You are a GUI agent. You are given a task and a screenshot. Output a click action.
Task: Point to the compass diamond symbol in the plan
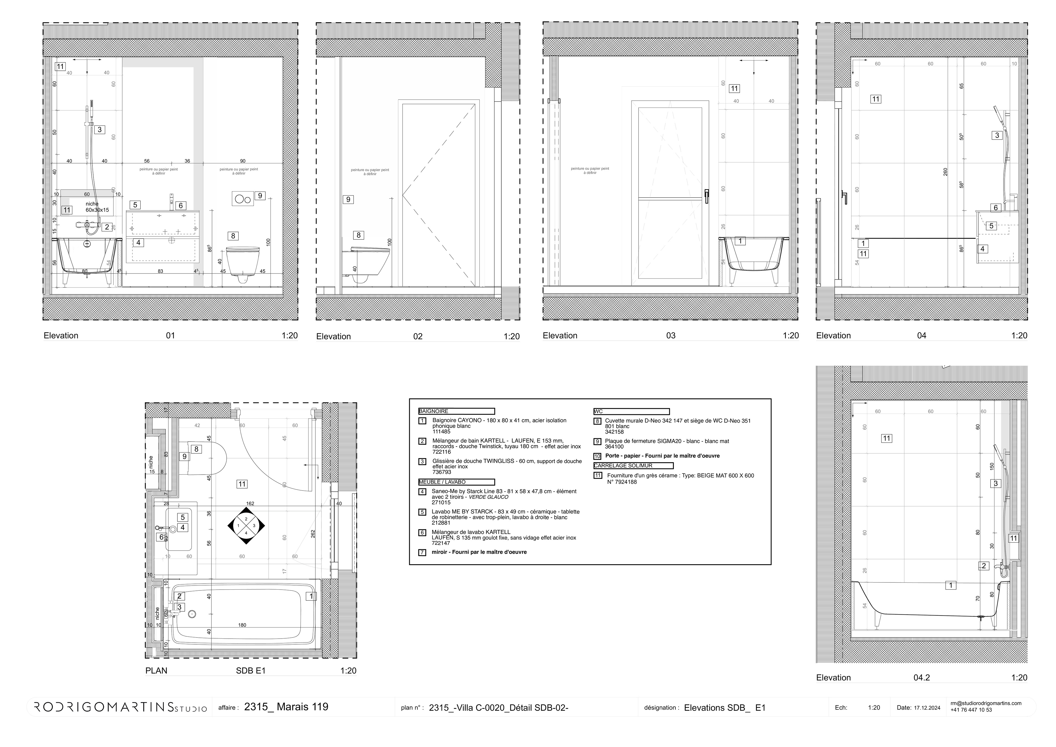click(x=246, y=526)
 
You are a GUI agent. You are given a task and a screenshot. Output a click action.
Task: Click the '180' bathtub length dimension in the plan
click(x=242, y=625)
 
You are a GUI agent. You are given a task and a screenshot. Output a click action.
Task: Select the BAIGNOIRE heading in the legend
click(x=434, y=411)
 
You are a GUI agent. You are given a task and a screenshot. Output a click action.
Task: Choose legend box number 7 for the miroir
click(x=422, y=552)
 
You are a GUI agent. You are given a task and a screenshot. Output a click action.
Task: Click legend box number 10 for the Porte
click(x=598, y=456)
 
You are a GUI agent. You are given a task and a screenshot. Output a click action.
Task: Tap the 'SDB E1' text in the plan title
click(x=251, y=671)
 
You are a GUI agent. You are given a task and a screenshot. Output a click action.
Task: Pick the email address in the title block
click(x=986, y=703)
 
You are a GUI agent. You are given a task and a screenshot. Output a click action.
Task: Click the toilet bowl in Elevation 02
click(x=368, y=262)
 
